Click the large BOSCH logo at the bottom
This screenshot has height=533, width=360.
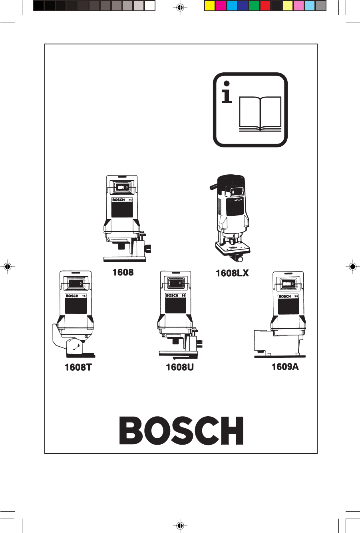click(x=181, y=431)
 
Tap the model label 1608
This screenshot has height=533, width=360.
click(x=123, y=272)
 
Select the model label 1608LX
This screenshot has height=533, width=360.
click(x=232, y=273)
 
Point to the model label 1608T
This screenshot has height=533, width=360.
click(x=78, y=367)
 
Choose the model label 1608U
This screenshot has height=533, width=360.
click(x=180, y=367)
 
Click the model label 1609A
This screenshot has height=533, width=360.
click(x=285, y=366)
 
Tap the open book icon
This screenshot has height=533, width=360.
click(x=260, y=114)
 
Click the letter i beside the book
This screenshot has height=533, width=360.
click(x=227, y=93)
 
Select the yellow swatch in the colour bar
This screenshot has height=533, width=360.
click(x=210, y=6)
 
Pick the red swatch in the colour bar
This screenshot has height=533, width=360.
click(x=265, y=6)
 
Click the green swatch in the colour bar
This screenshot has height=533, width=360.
click(x=254, y=6)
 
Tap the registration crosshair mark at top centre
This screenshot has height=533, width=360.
click(x=180, y=7)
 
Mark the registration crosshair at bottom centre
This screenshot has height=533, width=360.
click(x=180, y=525)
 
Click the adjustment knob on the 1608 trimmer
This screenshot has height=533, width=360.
click(x=149, y=249)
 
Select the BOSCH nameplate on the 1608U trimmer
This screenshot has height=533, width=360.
click(x=172, y=295)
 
